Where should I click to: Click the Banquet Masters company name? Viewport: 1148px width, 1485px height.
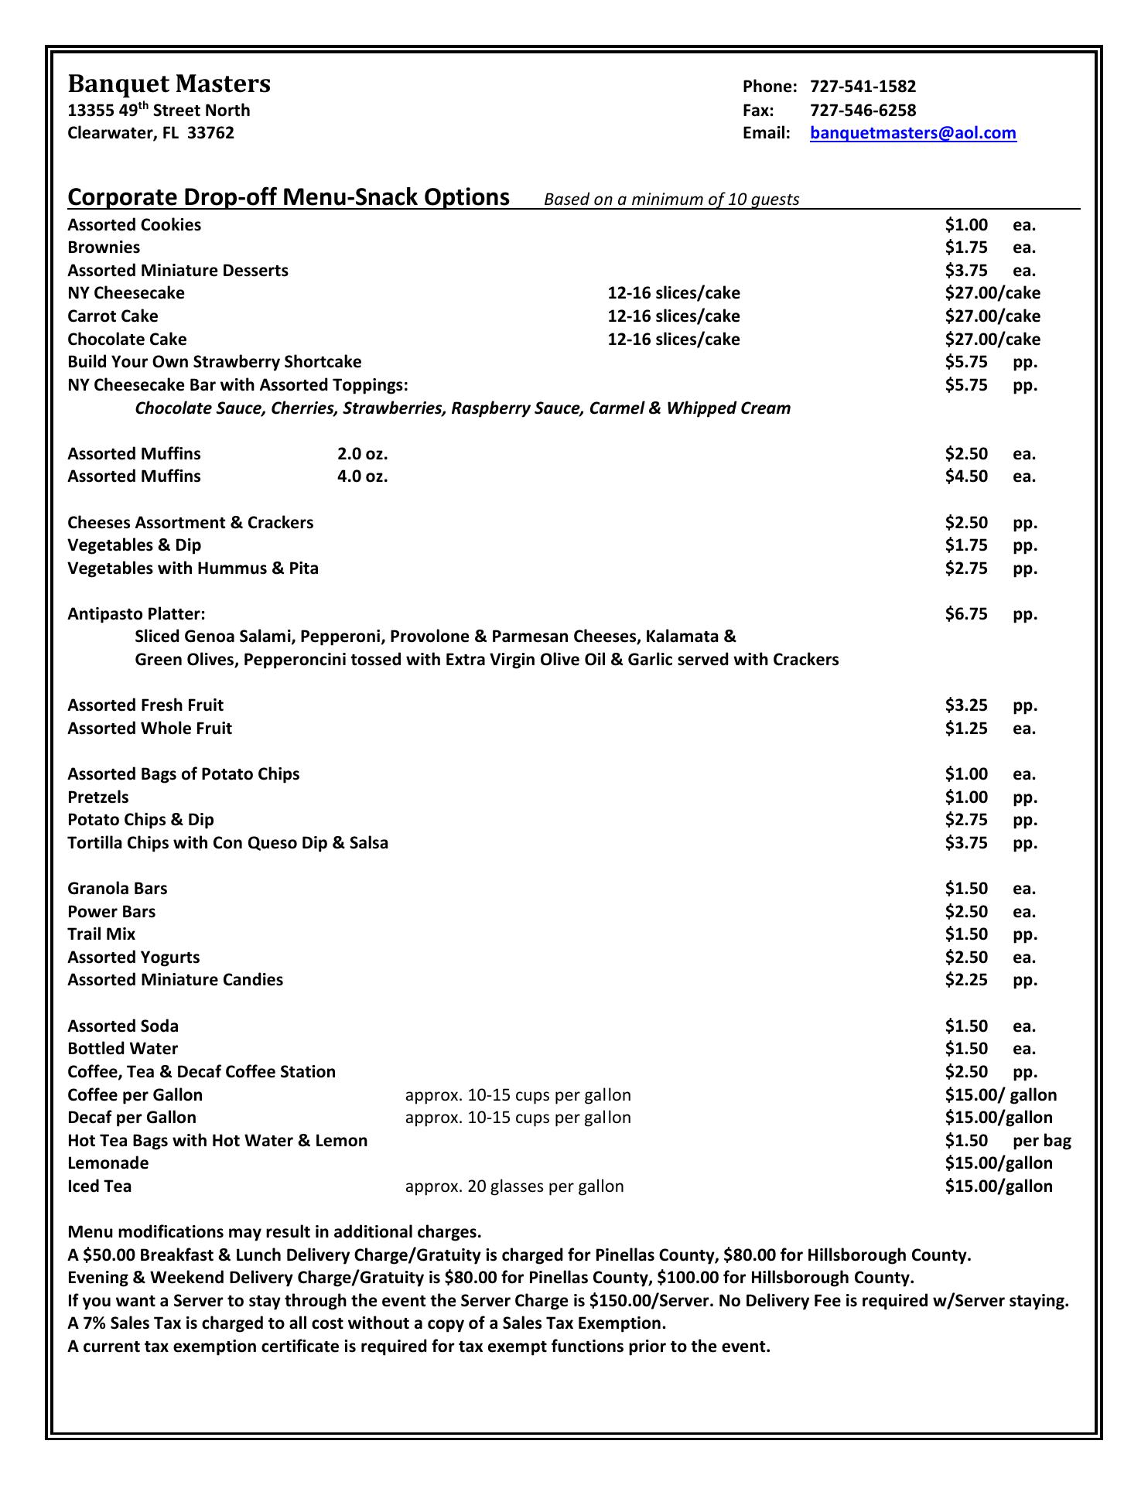coord(169,84)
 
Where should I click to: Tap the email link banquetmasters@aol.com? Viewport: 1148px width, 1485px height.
coord(913,133)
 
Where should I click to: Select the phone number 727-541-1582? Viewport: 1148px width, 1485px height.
coord(863,87)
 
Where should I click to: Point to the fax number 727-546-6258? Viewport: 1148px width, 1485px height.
coord(863,110)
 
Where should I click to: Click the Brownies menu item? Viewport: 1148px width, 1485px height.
coord(104,247)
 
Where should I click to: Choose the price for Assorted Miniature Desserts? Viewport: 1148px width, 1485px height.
coord(966,271)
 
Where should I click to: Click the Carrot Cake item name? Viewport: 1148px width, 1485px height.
coord(113,316)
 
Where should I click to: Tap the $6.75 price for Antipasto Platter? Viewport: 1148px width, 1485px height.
coord(966,614)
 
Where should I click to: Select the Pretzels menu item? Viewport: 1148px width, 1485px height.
coord(98,797)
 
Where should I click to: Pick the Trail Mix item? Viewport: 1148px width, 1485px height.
coord(101,934)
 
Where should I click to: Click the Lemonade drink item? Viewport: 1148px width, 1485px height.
coord(108,1163)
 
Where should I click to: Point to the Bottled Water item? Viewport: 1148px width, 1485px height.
coord(123,1049)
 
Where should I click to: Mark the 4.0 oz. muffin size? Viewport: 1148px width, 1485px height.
coord(362,476)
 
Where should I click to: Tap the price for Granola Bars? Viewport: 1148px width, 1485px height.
coord(966,889)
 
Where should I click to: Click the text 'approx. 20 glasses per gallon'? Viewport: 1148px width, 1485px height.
coord(514,1186)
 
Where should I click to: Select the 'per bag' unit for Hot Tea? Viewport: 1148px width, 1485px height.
coord(1041,1141)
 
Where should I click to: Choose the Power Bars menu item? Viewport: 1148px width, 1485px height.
coord(111,912)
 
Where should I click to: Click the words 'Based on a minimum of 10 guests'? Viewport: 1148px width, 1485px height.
coord(671,200)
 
